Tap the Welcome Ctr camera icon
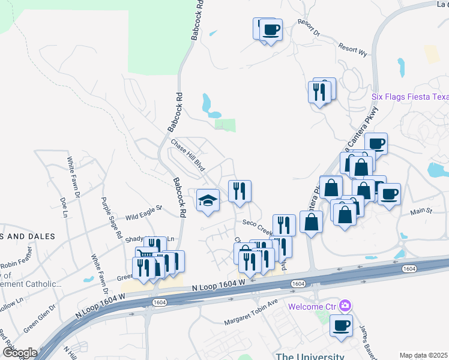pyautogui.click(x=345, y=306)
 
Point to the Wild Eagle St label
pyautogui.click(x=143, y=213)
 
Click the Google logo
pyautogui.click(x=20, y=352)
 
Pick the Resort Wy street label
pyautogui.click(x=352, y=49)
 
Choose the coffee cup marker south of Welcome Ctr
pyautogui.click(x=341, y=326)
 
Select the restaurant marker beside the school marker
pyautogui.click(x=240, y=191)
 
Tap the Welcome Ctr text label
pyautogui.click(x=312, y=307)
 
